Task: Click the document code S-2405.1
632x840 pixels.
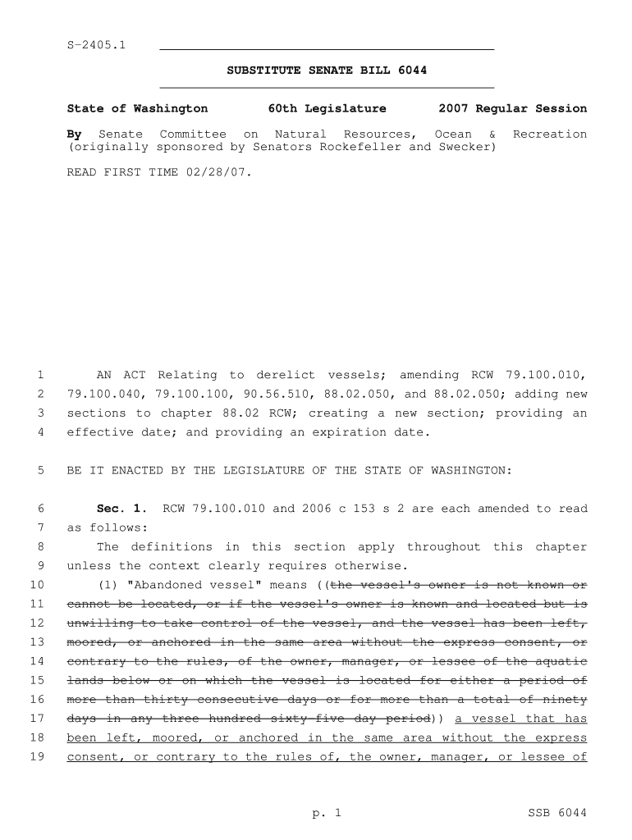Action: point(96,44)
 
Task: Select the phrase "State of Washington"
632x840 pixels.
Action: point(137,108)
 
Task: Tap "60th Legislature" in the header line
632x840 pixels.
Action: point(327,108)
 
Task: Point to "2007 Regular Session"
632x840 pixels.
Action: point(513,108)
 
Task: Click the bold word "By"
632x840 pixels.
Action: point(74,134)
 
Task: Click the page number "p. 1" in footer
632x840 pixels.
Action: point(326,813)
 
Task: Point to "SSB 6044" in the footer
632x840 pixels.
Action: point(557,813)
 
